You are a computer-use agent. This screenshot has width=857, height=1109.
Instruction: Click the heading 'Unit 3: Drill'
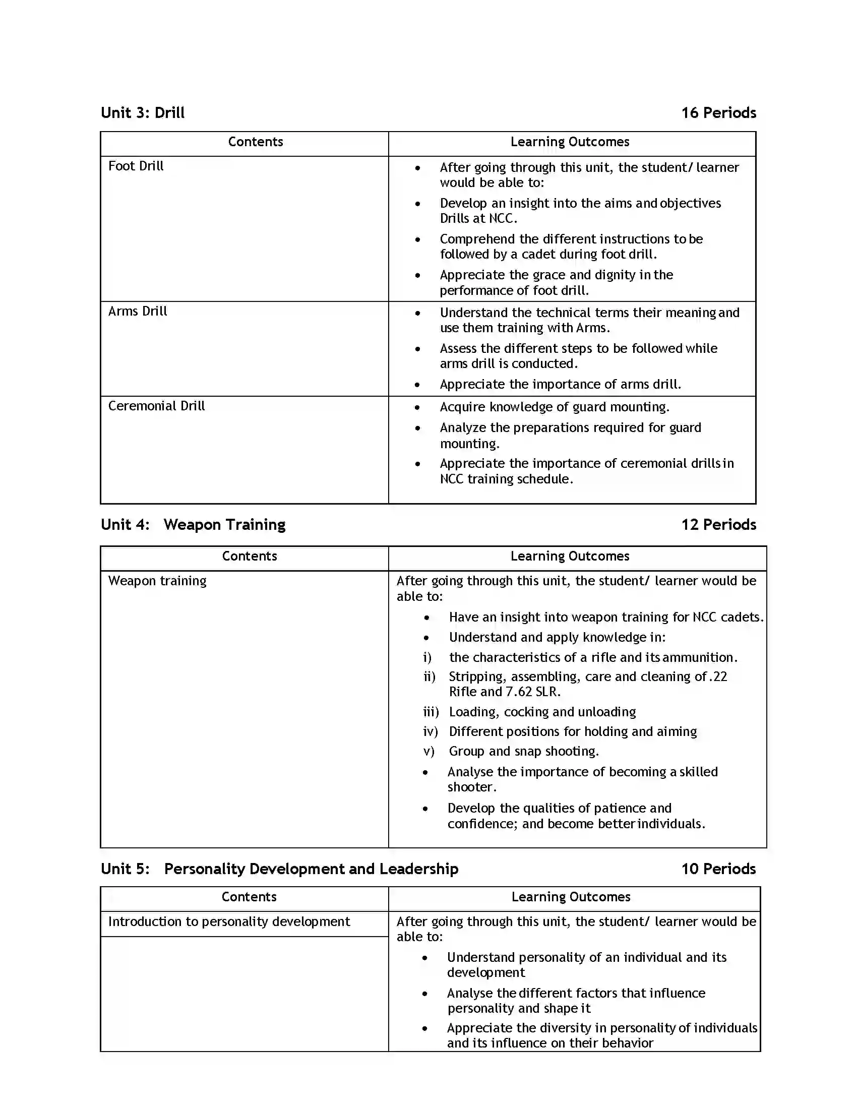143,113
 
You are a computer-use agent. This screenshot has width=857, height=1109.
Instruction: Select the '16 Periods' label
718,113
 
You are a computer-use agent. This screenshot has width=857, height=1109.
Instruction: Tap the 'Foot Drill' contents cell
136,166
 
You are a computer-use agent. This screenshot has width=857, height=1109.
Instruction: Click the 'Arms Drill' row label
138,311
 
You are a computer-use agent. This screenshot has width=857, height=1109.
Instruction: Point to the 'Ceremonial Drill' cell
156,406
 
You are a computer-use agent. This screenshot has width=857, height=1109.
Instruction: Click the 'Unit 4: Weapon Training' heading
193,525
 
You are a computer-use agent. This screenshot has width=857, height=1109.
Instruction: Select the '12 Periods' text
718,525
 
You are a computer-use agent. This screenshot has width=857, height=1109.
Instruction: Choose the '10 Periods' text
718,869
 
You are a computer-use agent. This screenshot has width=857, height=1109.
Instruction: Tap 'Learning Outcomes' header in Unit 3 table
570,142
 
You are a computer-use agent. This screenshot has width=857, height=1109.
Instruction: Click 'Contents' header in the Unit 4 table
249,557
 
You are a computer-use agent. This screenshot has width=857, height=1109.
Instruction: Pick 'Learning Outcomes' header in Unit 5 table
571,897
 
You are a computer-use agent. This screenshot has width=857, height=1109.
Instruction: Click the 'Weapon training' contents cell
157,581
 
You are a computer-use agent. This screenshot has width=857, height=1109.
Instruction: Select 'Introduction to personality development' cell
229,921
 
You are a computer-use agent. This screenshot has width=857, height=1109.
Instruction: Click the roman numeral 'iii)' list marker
431,712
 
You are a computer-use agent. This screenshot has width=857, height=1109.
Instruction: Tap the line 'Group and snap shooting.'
523,751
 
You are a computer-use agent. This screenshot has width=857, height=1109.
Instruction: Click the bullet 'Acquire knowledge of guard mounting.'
555,407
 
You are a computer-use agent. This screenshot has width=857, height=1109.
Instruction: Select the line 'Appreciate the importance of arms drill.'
560,385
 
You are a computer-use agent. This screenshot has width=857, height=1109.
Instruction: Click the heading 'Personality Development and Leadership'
311,869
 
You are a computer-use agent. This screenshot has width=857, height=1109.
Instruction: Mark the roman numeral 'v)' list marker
428,751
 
